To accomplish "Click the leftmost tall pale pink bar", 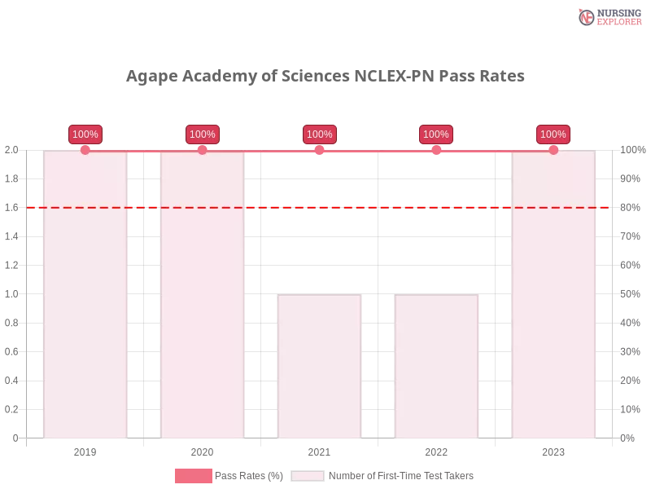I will [x=85, y=293].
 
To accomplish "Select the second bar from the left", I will [x=202, y=293].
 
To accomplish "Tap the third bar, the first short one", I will [x=319, y=367].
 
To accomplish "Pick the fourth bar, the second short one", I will [x=436, y=367].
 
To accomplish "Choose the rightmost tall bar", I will [x=553, y=293].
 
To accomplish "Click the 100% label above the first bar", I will [x=85, y=134].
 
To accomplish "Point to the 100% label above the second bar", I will [x=202, y=134].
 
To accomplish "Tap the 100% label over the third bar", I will [x=320, y=134].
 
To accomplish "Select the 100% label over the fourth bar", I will [x=436, y=134].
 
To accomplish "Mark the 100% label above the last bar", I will [x=553, y=134].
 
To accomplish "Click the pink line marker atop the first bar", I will [x=85, y=150].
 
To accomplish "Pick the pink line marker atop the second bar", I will [x=202, y=150].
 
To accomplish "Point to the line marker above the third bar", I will [x=319, y=150].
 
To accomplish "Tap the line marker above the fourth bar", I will [x=436, y=150].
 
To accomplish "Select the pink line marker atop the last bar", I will [x=553, y=150].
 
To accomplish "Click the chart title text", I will [x=325, y=77].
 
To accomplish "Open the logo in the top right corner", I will [x=608, y=16].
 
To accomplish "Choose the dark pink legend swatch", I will [x=194, y=476].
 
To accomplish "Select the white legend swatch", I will [x=308, y=476].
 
